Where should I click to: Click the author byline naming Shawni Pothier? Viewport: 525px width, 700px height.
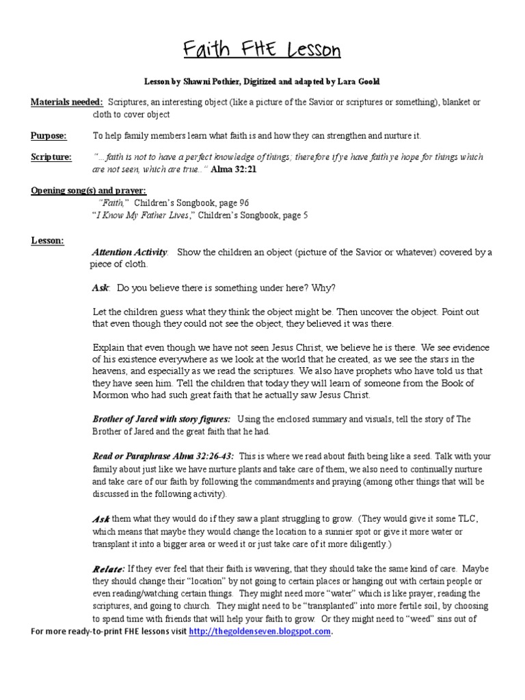262,81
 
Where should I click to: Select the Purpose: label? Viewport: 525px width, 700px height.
49,136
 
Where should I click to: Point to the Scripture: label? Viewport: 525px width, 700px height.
51,157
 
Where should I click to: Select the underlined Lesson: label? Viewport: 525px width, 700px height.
48,241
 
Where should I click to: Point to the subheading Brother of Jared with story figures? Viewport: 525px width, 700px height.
161,419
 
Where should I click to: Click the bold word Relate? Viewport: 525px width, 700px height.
108,569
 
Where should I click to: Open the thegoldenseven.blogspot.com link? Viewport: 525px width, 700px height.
260,632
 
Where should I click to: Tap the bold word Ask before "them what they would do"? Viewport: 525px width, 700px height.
101,520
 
